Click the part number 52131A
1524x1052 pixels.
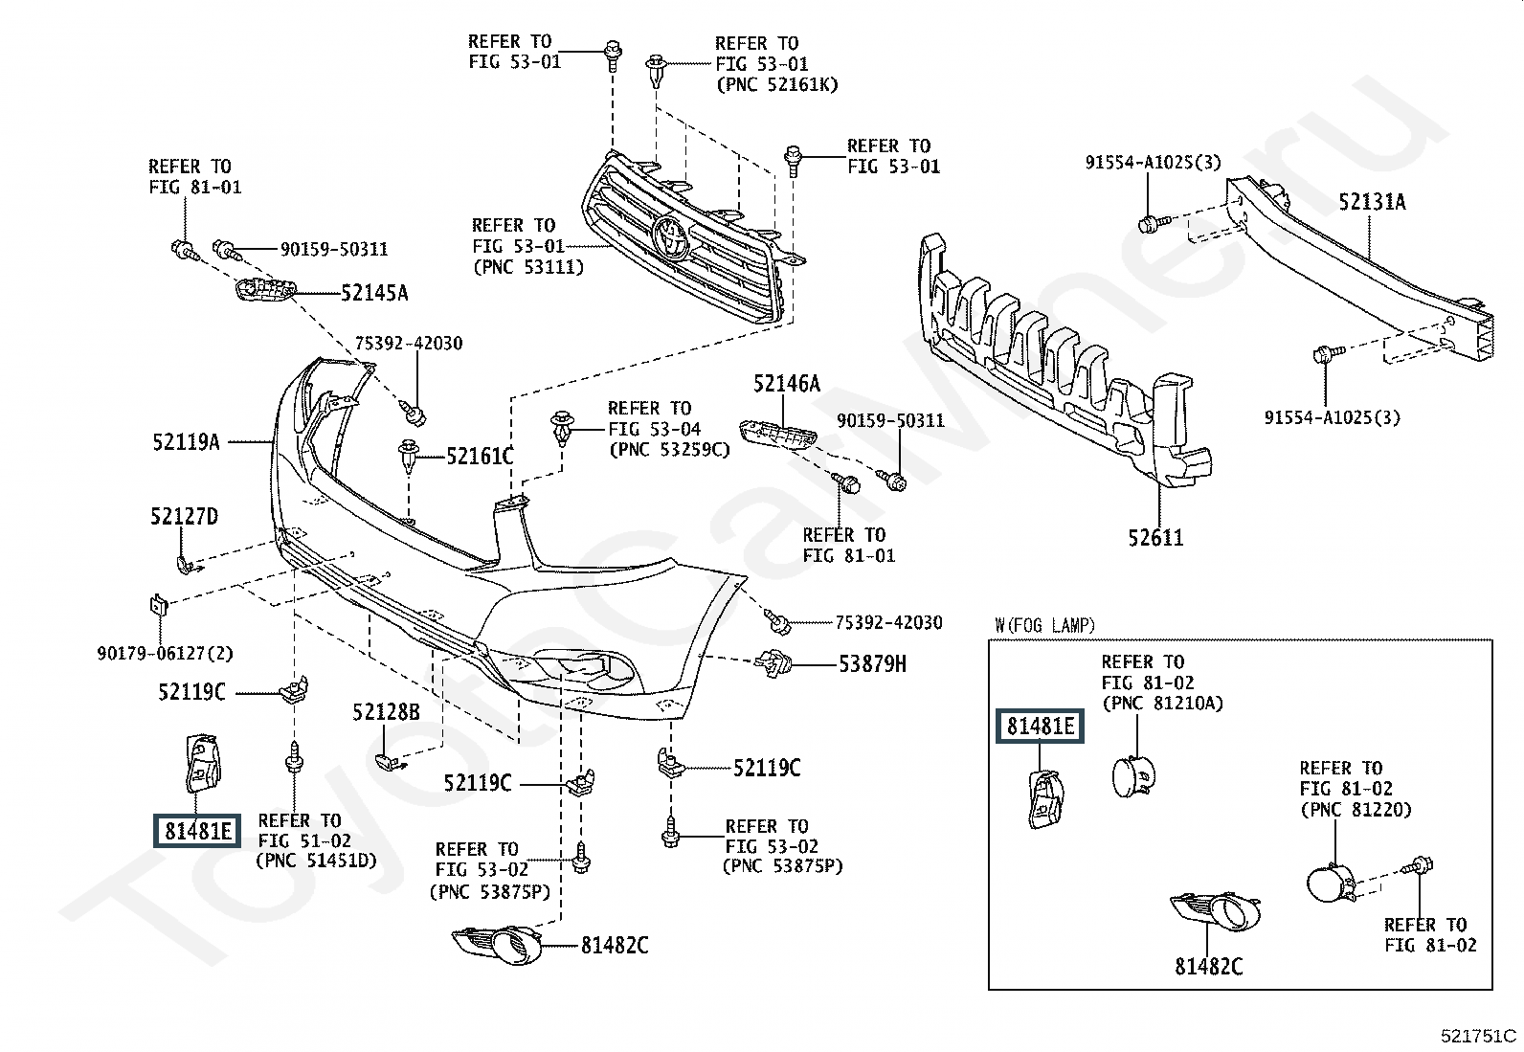tap(1372, 202)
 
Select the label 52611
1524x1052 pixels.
tap(1155, 538)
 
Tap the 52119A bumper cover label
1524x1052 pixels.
tap(186, 442)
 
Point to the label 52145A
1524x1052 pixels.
tap(374, 293)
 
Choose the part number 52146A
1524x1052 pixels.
tap(787, 385)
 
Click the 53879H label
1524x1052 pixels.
tap(872, 663)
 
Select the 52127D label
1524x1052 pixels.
tap(184, 517)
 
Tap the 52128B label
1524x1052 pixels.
tap(386, 712)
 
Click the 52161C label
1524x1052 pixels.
tap(480, 457)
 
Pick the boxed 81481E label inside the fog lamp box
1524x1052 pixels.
tap(1041, 727)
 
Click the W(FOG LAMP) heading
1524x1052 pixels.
tap(1044, 626)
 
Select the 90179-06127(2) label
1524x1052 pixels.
tap(165, 654)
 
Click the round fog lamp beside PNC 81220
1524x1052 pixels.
tap(1328, 881)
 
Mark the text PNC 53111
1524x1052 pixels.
tap(527, 267)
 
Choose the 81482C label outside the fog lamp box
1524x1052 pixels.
tap(615, 946)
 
